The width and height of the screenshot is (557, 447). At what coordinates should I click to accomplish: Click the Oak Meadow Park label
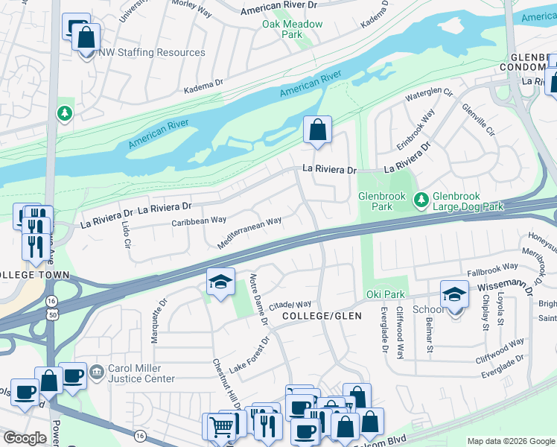[292, 29]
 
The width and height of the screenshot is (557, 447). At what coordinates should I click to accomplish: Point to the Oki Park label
[385, 294]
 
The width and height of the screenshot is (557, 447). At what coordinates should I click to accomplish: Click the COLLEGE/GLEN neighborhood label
[322, 316]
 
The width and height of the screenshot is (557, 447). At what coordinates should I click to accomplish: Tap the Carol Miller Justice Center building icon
[96, 371]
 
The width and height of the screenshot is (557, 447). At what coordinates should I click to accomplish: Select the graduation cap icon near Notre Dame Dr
[220, 282]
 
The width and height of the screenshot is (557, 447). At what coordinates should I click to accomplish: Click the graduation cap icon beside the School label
[454, 294]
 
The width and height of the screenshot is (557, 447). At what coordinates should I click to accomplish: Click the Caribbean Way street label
[199, 221]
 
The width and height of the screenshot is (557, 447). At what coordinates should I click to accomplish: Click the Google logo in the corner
[25, 438]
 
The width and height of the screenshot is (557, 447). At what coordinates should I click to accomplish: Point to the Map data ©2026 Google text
[510, 441]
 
